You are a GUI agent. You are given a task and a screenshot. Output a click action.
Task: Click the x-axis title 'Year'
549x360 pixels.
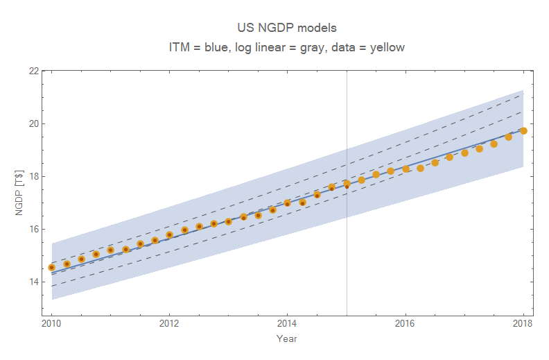pyautogui.click(x=287, y=339)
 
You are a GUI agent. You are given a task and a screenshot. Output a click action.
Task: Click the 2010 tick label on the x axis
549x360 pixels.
pyautogui.click(x=51, y=323)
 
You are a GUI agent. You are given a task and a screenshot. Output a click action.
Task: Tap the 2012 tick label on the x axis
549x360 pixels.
pyautogui.click(x=169, y=323)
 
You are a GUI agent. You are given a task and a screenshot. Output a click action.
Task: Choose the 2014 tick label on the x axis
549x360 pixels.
pyautogui.click(x=287, y=323)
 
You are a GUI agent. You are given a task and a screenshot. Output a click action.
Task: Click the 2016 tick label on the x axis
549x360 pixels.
pyautogui.click(x=405, y=323)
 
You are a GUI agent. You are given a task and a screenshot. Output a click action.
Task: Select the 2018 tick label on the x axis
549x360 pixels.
pyautogui.click(x=523, y=323)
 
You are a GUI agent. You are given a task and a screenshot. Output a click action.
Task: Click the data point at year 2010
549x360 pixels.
pyautogui.click(x=51, y=267)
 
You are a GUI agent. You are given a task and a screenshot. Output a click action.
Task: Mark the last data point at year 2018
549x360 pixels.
pyautogui.click(x=523, y=131)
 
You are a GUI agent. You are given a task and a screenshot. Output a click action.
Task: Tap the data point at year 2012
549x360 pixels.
pyautogui.click(x=169, y=234)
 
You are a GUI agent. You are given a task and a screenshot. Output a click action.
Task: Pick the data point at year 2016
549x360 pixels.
pyautogui.click(x=406, y=169)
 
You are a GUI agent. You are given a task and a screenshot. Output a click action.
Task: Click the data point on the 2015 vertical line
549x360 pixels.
pyautogui.click(x=347, y=185)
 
